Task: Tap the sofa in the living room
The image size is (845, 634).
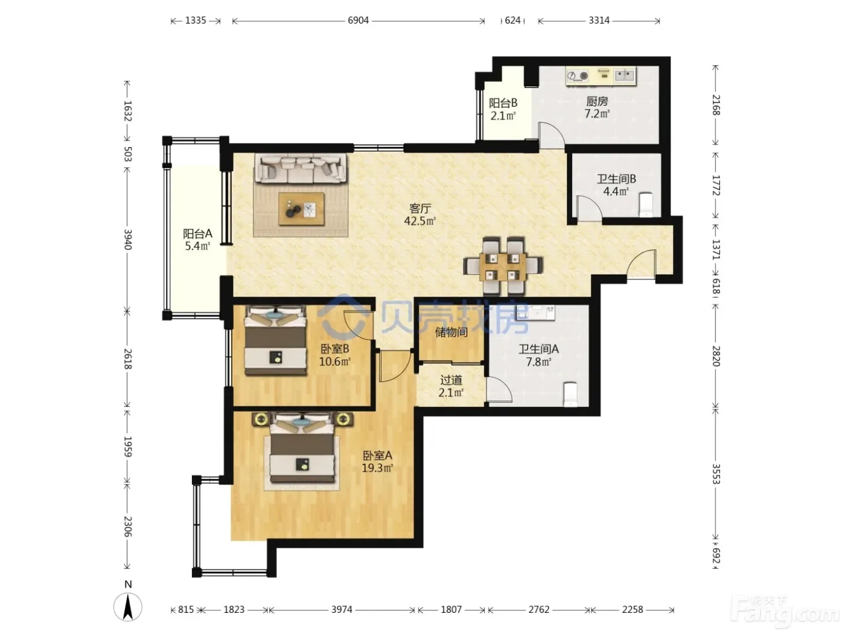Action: coord(301,168)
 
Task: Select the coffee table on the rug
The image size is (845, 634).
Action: coord(301,209)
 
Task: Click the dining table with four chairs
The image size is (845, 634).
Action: coord(503,266)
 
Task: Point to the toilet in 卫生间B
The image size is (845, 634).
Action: coord(645,205)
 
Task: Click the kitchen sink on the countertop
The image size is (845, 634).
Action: coord(625,75)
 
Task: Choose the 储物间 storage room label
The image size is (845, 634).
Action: coord(451,332)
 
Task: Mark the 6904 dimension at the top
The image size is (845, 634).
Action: coord(358,21)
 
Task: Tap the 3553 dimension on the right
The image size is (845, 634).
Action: coord(715,474)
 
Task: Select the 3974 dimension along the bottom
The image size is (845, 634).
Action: coord(342,609)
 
